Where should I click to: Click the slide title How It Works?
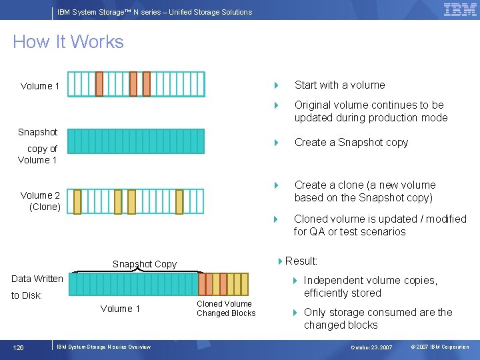point(68,42)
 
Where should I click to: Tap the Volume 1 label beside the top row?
point(40,86)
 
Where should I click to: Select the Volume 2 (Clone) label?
point(41,201)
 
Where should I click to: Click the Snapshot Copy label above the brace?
point(145,264)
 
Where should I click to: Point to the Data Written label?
point(37,279)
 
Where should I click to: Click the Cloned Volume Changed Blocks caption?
point(226,308)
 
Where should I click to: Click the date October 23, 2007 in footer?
point(372,347)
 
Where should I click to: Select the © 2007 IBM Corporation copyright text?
point(440,347)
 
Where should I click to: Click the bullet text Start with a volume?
point(339,85)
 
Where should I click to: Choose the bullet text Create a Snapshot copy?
point(351,142)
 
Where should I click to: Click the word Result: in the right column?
point(301,261)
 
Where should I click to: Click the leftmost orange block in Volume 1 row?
point(99,84)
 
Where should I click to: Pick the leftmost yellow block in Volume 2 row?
point(77,201)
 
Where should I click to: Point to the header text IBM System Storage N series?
point(155,12)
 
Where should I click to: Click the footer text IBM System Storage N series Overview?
point(103,347)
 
